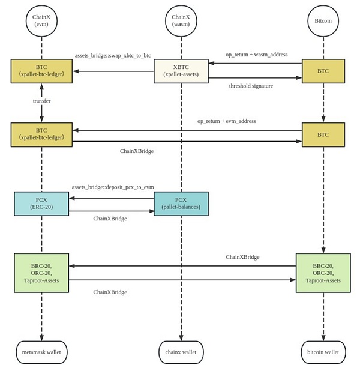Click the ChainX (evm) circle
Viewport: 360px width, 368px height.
point(41,21)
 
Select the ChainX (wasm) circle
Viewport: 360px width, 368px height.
point(181,21)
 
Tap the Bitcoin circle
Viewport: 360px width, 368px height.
point(323,21)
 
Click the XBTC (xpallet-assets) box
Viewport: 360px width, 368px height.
point(181,71)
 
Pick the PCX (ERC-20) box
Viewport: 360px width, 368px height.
point(41,204)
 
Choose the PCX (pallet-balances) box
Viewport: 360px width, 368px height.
point(181,204)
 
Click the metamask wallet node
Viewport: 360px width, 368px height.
point(41,352)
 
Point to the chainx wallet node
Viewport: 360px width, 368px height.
point(181,352)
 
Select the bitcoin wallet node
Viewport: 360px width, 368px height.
point(323,352)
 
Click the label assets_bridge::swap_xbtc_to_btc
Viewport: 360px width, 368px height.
point(113,55)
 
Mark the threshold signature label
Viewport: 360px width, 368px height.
point(251,86)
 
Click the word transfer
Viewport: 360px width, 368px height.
point(41,101)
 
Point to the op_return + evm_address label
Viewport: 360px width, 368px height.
point(227,121)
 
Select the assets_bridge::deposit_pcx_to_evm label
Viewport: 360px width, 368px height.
point(112,187)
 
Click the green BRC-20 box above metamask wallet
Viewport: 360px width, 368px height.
point(41,273)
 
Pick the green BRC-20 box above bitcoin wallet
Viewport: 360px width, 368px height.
point(323,273)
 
